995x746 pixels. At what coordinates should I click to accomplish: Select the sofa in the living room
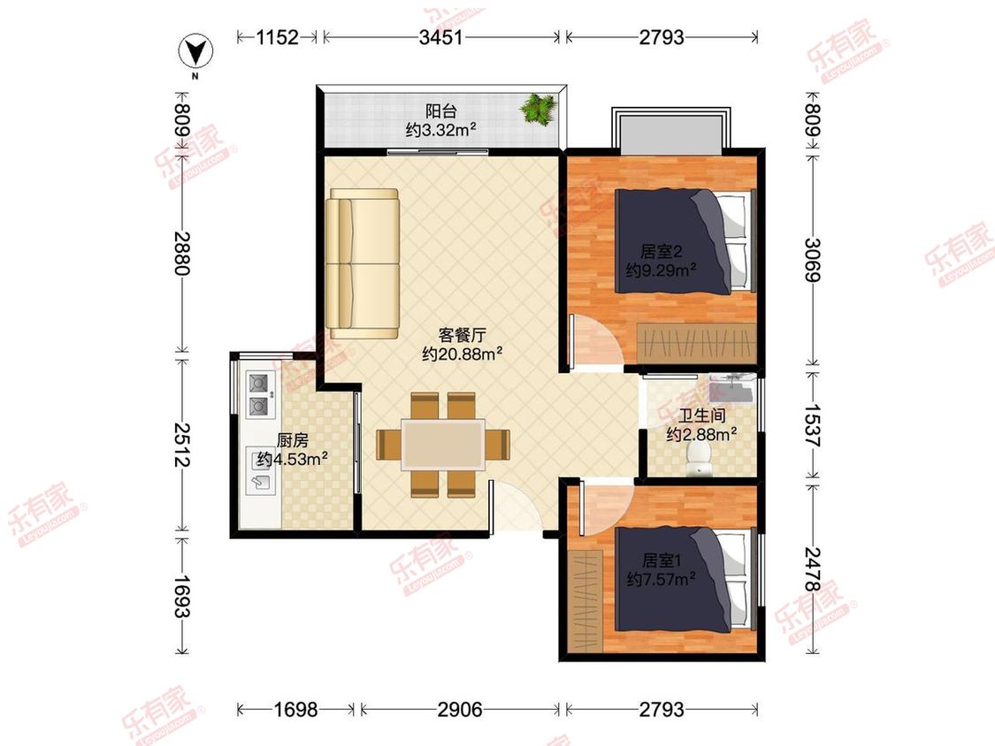tap(363, 263)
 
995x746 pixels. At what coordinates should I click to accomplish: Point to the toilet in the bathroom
tap(700, 458)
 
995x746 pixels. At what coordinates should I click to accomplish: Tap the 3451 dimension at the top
tap(441, 37)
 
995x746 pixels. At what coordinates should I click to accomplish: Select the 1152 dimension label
tap(278, 37)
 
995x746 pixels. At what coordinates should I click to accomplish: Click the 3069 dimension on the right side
tap(813, 259)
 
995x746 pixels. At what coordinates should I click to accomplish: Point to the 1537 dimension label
tap(813, 426)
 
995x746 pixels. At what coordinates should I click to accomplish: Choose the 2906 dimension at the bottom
tap(460, 709)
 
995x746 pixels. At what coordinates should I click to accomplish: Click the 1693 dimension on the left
tap(182, 596)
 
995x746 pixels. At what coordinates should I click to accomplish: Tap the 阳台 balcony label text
tap(441, 111)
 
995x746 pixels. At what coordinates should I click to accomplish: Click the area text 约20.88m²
tap(462, 354)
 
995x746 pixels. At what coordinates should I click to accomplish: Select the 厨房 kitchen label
tap(293, 439)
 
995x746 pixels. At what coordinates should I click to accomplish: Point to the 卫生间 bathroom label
tap(702, 415)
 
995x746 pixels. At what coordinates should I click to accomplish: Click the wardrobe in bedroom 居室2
tap(697, 343)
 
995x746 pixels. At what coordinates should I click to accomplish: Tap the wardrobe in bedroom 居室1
tap(587, 601)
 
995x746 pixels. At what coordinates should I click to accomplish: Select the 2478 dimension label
tap(813, 569)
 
